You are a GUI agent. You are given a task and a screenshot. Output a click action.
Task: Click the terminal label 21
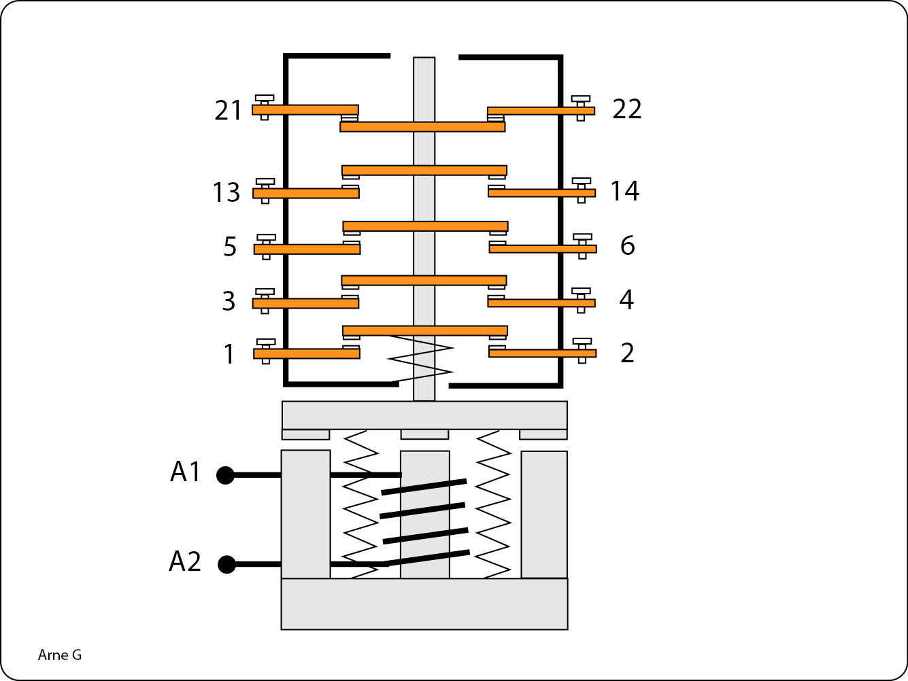tap(228, 110)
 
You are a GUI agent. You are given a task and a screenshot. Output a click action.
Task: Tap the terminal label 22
tap(626, 109)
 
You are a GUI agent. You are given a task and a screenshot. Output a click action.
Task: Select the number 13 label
tap(226, 193)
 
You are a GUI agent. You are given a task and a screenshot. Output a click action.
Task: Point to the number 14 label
tap(624, 191)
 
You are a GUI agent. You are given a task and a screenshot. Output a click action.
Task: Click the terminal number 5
tap(230, 247)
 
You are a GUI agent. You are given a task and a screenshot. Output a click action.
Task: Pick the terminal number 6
tap(627, 245)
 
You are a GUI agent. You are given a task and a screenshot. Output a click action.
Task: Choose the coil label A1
tap(186, 472)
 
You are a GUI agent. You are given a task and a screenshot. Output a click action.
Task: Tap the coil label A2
tap(185, 562)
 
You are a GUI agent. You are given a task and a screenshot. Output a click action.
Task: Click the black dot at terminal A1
tap(225, 475)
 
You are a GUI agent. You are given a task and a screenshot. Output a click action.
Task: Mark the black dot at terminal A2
tap(226, 564)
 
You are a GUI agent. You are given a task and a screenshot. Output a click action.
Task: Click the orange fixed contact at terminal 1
tap(307, 353)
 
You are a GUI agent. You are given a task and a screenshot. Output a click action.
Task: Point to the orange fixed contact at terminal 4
tap(541, 302)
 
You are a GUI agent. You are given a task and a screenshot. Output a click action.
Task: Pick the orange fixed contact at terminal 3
tap(305, 303)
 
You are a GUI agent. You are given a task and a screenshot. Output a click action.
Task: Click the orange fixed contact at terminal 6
tap(543, 249)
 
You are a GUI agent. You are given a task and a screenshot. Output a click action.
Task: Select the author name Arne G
tap(60, 655)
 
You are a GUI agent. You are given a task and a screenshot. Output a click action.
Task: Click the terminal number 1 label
tap(229, 354)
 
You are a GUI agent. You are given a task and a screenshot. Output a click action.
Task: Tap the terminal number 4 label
tap(626, 300)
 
